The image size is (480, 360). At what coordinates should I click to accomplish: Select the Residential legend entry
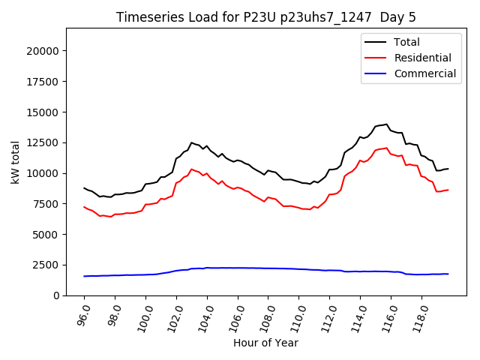(422, 58)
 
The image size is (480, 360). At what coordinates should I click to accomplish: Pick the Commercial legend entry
(424, 73)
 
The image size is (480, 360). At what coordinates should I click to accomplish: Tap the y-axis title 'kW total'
(16, 162)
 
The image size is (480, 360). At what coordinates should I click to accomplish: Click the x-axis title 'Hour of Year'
(265, 343)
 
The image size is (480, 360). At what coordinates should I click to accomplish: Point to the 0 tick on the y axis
(56, 295)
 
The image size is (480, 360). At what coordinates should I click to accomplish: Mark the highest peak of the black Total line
(386, 124)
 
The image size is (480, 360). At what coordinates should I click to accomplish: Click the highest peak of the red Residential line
(386, 148)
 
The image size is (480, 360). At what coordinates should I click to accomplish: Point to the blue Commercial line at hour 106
(238, 268)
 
